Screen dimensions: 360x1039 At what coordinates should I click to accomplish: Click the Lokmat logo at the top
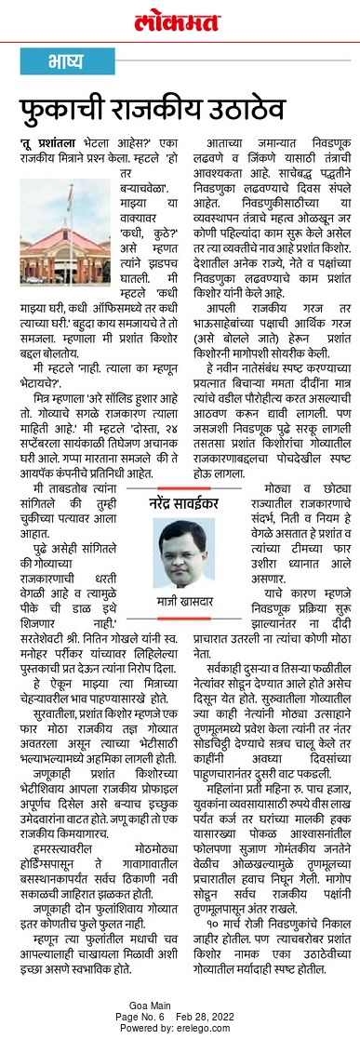tap(179, 20)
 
